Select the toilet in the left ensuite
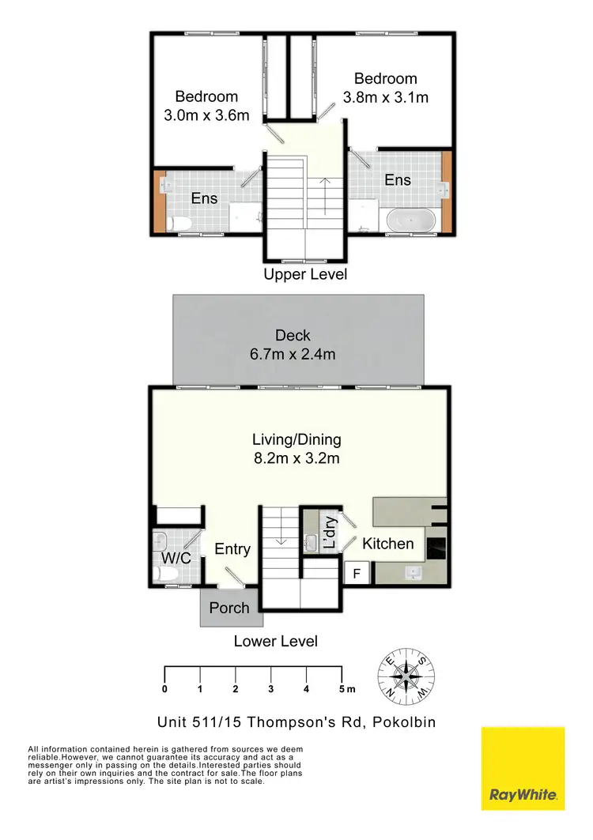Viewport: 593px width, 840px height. tap(178, 224)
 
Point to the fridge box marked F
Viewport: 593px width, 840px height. tap(357, 574)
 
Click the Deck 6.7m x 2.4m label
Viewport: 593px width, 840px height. tap(293, 345)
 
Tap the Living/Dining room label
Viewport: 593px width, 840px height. tap(296, 448)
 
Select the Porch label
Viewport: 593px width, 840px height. tap(229, 608)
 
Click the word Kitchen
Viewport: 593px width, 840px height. tap(387, 544)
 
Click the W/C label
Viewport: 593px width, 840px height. tap(176, 558)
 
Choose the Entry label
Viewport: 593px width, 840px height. tap(232, 548)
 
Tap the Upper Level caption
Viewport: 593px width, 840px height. tap(304, 275)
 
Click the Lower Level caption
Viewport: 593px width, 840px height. tap(275, 641)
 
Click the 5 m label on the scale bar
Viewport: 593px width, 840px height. tap(346, 689)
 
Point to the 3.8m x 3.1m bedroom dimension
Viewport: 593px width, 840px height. tap(386, 98)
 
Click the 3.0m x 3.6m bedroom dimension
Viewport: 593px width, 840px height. tap(206, 115)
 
